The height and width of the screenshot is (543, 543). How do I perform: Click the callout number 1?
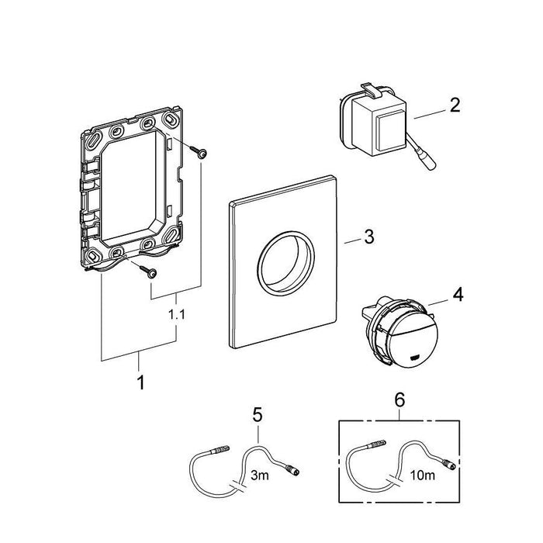(x=140, y=382)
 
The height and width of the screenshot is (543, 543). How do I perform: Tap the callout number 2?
(x=455, y=105)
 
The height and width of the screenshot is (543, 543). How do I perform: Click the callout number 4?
(x=458, y=296)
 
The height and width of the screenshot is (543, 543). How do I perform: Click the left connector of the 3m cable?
(x=221, y=451)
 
